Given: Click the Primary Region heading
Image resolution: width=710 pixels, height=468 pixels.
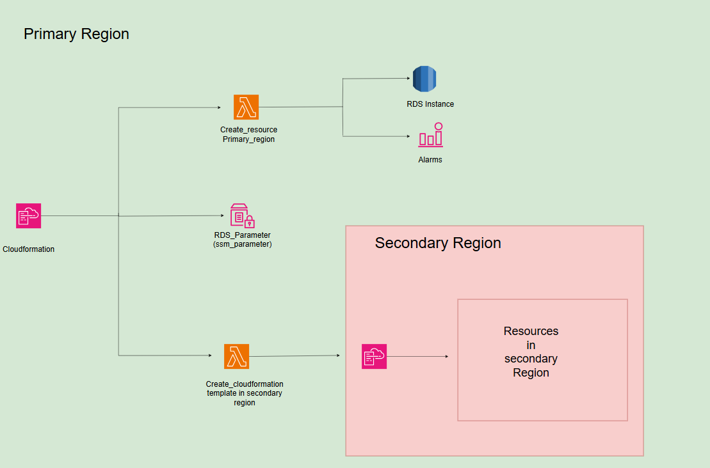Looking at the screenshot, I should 76,34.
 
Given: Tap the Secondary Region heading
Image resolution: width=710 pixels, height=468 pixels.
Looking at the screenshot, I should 438,243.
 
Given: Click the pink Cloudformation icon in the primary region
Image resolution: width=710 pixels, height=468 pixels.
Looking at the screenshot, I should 28,216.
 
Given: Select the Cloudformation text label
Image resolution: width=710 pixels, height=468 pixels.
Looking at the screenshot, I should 28,249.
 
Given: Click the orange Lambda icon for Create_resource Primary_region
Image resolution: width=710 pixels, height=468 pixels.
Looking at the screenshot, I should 246,107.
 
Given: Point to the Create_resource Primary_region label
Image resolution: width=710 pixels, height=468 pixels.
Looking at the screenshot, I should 248,134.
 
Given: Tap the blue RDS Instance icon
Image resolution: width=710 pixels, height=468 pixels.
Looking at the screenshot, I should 424,79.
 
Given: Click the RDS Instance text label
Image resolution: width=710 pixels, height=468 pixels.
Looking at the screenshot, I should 430,104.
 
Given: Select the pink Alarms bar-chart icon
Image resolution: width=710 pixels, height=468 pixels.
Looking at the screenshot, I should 430,136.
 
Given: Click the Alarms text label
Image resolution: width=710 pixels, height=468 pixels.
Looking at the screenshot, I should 430,160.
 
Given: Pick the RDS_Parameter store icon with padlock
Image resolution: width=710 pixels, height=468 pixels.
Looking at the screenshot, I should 242,216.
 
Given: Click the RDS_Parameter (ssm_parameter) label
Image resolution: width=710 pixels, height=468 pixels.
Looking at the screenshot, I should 242,240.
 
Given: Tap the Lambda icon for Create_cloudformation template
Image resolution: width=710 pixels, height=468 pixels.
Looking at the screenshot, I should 236,356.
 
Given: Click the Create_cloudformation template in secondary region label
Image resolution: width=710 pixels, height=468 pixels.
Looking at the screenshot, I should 245,393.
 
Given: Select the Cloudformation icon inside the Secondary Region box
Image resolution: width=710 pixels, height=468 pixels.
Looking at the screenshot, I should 374,357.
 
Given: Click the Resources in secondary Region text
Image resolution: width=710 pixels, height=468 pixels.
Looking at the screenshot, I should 531,352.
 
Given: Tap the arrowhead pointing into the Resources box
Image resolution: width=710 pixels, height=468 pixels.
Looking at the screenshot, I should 446,357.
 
